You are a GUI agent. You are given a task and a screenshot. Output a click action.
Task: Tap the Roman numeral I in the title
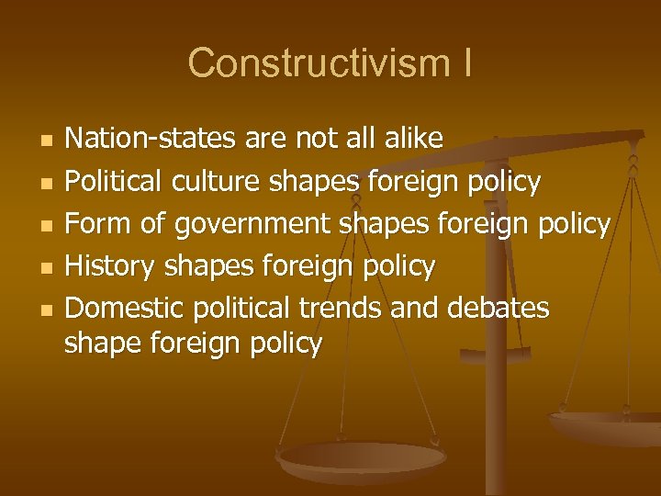466,63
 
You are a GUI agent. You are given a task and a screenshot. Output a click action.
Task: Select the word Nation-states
151,139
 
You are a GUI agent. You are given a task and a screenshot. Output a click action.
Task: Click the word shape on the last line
101,344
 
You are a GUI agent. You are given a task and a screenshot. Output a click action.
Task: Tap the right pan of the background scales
606,424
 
